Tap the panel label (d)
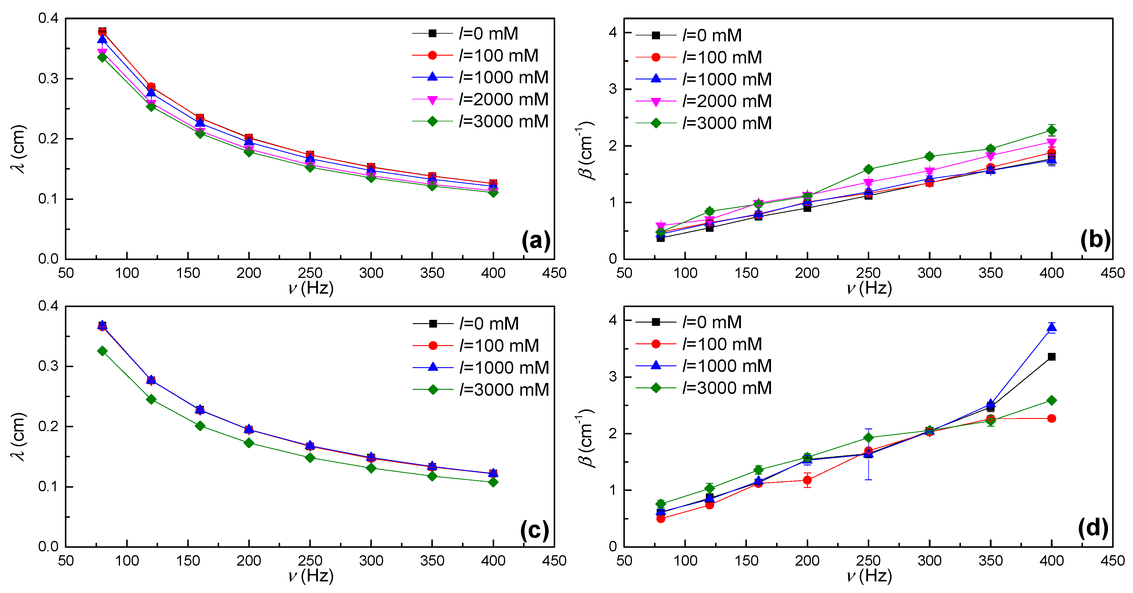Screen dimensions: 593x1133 click(x=1093, y=528)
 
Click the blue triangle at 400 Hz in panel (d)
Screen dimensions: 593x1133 click(x=1051, y=327)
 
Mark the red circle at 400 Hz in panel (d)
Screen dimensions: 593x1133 click(x=1051, y=418)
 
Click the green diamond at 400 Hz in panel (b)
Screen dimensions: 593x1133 click(x=1051, y=130)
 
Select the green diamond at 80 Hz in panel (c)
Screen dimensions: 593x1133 click(x=102, y=351)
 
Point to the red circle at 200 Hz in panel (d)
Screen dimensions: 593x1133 click(x=807, y=480)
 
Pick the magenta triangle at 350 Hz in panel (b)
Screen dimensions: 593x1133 click(x=990, y=156)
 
